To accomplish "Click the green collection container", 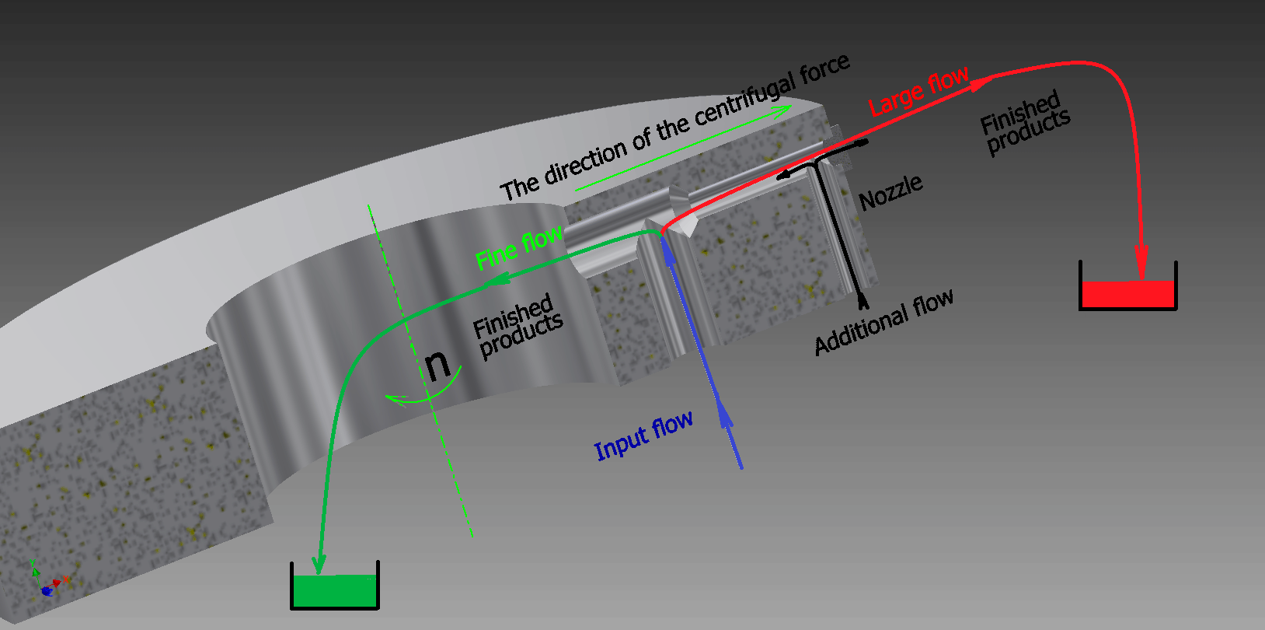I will [x=335, y=590].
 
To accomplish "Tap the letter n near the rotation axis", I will [x=437, y=363].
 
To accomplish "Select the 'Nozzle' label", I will [x=890, y=192].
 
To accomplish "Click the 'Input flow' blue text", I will [x=643, y=437].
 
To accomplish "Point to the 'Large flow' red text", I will [x=918, y=92].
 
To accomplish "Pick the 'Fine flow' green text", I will [x=518, y=247].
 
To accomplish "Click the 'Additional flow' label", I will [x=883, y=322].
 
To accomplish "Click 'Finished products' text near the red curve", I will [x=1025, y=122].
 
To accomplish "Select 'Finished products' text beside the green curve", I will [x=517, y=326].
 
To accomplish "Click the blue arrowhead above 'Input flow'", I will [x=726, y=415].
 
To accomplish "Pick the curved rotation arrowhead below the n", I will [x=396, y=400].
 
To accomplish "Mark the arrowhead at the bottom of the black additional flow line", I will [x=862, y=301].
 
